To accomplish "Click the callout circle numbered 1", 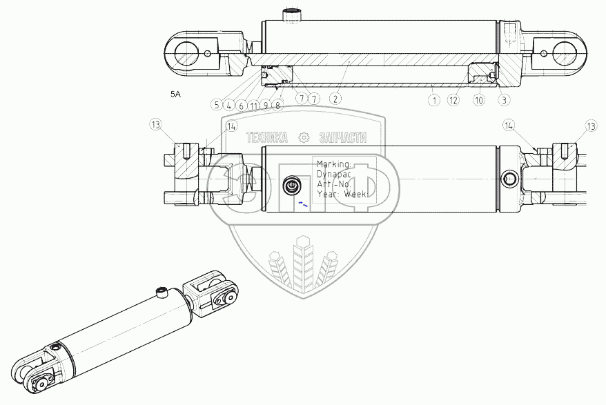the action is click(433, 100).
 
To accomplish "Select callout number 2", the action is click(335, 99).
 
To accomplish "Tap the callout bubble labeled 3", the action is click(504, 100).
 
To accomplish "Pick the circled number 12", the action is click(453, 100).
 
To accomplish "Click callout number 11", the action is click(253, 106).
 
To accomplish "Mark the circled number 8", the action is click(277, 106).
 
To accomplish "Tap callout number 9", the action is click(265, 106).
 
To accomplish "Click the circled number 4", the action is click(228, 106).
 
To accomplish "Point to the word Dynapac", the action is click(333, 175).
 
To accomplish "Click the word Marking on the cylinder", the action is click(334, 165).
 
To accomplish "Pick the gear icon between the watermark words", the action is click(302, 138).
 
